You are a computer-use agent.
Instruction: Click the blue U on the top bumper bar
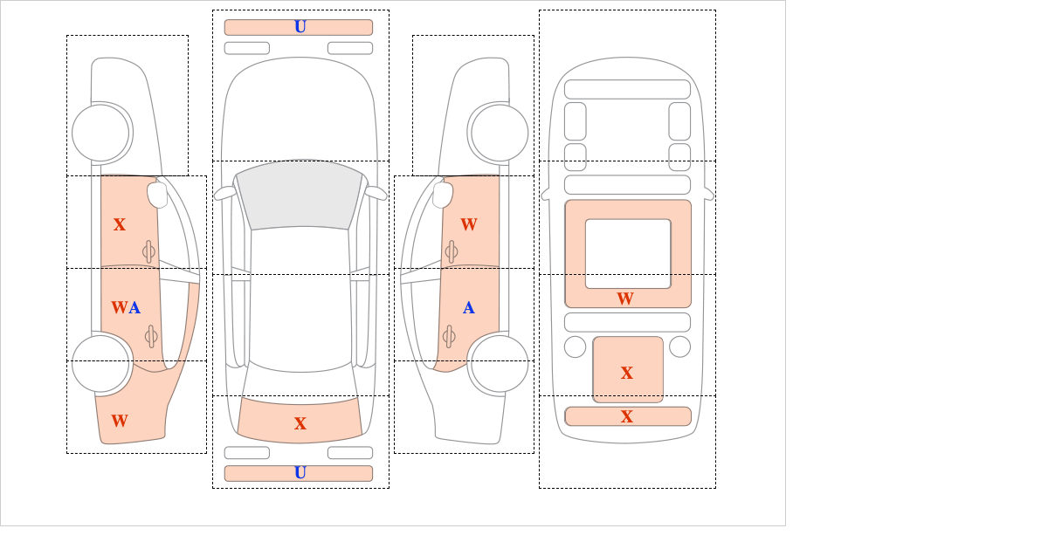pyautogui.click(x=300, y=27)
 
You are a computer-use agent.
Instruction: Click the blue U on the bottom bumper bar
pyautogui.click(x=300, y=473)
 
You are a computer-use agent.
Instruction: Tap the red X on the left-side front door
pyautogui.click(x=120, y=224)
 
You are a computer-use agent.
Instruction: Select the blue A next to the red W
pyautogui.click(x=134, y=307)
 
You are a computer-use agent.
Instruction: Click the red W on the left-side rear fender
pyautogui.click(x=120, y=421)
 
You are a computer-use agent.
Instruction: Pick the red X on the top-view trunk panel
pyautogui.click(x=300, y=423)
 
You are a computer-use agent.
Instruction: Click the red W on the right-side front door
pyautogui.click(x=469, y=224)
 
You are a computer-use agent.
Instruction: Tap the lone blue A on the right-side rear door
pyautogui.click(x=469, y=307)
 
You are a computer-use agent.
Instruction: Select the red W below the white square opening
pyautogui.click(x=625, y=298)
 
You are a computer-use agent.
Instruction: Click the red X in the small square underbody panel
pyautogui.click(x=627, y=373)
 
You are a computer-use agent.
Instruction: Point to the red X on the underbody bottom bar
pyautogui.click(x=627, y=416)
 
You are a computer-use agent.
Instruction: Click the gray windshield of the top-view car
pyautogui.click(x=299, y=194)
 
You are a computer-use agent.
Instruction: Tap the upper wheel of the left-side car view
pyautogui.click(x=100, y=133)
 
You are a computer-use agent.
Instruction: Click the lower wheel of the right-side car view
pyautogui.click(x=500, y=362)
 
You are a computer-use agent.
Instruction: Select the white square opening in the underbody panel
pyautogui.click(x=628, y=253)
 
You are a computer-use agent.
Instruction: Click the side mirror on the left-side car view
pyautogui.click(x=157, y=195)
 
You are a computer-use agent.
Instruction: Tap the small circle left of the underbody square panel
pyautogui.click(x=575, y=346)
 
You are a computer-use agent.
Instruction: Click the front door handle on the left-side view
pyautogui.click(x=148, y=251)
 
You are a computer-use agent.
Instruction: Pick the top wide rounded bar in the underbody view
pyautogui.click(x=627, y=89)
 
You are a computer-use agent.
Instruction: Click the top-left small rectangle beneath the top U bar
pyautogui.click(x=246, y=48)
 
